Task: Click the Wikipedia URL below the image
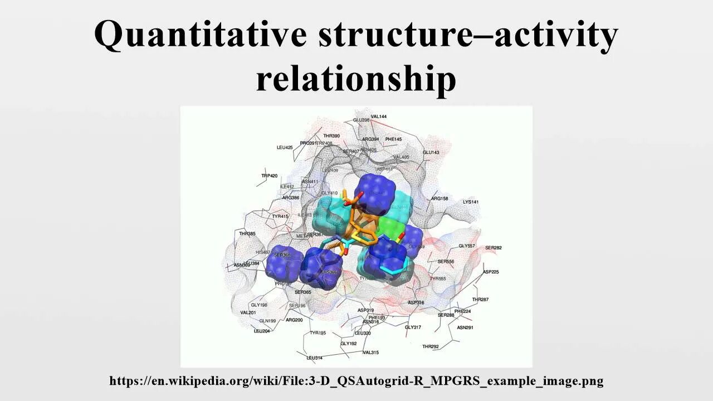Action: [356, 381]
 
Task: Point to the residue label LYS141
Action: [471, 202]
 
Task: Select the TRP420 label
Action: [269, 176]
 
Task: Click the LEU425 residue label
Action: [285, 148]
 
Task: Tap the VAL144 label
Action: [379, 116]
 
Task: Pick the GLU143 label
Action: [431, 153]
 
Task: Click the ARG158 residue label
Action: [439, 198]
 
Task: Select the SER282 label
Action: [494, 248]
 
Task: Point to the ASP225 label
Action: [491, 272]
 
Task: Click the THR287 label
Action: [480, 300]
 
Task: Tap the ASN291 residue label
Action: [465, 327]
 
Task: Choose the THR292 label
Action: [430, 346]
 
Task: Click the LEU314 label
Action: [314, 358]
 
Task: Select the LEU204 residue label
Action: [262, 331]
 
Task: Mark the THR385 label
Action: [247, 234]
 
